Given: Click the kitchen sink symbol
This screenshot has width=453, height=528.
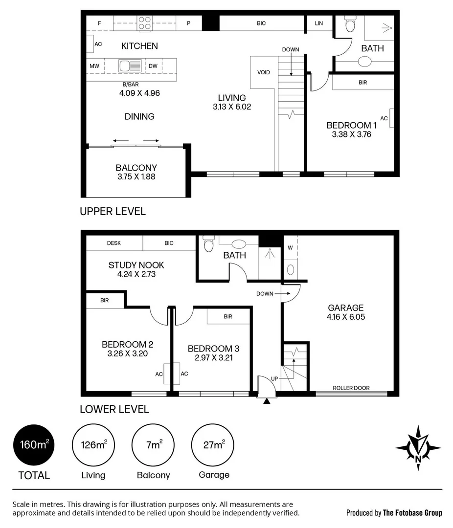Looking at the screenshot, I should (x=130, y=66).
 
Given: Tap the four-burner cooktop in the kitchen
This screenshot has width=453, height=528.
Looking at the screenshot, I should (x=144, y=22).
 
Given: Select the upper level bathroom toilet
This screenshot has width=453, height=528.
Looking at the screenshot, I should (x=350, y=24).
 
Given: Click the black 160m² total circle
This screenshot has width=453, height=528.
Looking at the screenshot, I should (x=34, y=445).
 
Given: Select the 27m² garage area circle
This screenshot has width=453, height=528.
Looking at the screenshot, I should (x=214, y=445).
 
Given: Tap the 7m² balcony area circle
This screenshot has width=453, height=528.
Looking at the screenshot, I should (x=154, y=445).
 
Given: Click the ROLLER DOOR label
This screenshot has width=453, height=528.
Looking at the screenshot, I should (x=351, y=388).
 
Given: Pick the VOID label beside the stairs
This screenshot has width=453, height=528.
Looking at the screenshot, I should (x=264, y=72).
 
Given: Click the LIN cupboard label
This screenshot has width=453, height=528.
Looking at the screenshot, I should (x=319, y=23).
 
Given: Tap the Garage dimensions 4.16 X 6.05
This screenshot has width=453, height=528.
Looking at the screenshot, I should (x=346, y=316).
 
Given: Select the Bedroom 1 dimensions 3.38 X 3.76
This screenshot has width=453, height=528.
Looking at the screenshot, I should (x=349, y=134).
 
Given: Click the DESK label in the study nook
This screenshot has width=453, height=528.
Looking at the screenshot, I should (x=114, y=243).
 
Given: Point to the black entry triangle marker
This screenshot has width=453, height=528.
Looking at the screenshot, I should (x=266, y=401).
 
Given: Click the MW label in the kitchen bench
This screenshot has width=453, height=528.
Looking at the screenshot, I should (x=94, y=66).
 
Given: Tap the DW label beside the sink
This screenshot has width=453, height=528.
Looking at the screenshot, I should (x=153, y=66).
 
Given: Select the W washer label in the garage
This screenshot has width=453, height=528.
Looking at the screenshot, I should (x=290, y=247).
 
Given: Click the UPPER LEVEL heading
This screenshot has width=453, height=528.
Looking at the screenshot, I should (x=113, y=211).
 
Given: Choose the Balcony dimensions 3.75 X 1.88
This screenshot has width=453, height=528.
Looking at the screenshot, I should (x=136, y=176).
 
